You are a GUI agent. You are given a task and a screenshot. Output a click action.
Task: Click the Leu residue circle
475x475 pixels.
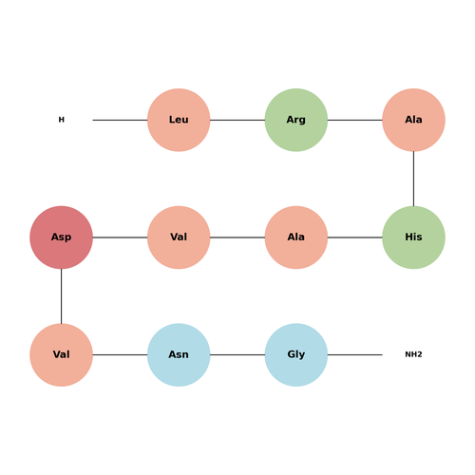click(179, 120)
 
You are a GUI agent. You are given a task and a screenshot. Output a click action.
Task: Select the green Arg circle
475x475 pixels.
click(296, 120)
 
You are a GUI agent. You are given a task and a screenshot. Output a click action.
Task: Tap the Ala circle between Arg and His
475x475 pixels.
click(413, 120)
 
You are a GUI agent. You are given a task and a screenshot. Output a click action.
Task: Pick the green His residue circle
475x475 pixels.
click(413, 237)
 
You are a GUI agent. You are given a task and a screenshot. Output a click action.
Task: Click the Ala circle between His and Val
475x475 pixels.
click(296, 237)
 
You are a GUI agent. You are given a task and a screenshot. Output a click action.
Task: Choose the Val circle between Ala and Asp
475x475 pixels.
click(179, 237)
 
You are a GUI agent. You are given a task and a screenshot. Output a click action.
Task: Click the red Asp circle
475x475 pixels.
click(61, 237)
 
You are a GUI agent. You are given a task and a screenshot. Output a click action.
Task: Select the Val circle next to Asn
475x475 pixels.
click(61, 355)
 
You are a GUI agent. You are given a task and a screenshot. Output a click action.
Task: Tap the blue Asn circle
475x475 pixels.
click(179, 355)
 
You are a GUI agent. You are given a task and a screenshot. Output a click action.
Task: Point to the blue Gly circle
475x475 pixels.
click(296, 355)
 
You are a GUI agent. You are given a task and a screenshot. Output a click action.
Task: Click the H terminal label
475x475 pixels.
click(62, 120)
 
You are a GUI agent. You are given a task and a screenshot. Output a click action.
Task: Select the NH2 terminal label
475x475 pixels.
click(413, 354)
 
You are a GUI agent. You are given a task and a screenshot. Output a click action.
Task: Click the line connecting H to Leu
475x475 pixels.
click(120, 120)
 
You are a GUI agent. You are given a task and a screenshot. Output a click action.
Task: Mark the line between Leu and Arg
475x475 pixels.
click(237, 120)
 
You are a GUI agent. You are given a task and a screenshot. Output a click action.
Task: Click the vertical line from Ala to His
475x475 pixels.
click(413, 179)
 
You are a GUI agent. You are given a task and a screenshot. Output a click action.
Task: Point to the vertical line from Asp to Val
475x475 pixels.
click(61, 296)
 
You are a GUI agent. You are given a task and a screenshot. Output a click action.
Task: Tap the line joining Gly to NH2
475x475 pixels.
click(355, 355)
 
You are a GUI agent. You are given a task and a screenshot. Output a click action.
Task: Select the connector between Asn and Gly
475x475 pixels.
click(237, 355)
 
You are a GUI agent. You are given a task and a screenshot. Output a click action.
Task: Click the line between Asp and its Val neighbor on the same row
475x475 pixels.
click(120, 237)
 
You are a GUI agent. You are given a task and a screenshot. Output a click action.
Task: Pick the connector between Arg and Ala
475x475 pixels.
click(355, 120)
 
